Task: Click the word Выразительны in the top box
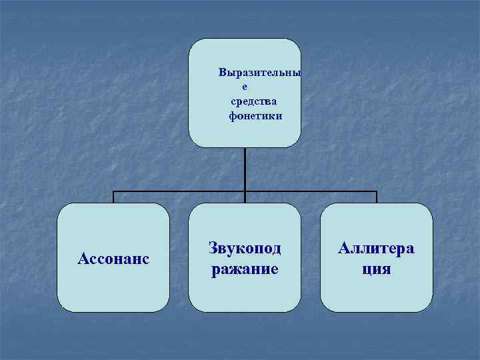pyautogui.click(x=259, y=73)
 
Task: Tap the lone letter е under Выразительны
pyautogui.click(x=245, y=87)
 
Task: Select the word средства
pyautogui.click(x=253, y=101)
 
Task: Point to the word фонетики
pyautogui.click(x=255, y=116)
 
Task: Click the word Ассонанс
pyautogui.click(x=113, y=257)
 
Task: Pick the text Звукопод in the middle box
pyautogui.click(x=245, y=248)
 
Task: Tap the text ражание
pyautogui.click(x=245, y=270)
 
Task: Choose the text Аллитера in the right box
pyautogui.click(x=376, y=248)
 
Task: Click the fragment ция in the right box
pyautogui.click(x=377, y=270)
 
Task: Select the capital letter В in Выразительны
pyautogui.click(x=223, y=73)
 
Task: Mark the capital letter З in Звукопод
pyautogui.click(x=213, y=248)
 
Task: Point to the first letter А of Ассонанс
pyautogui.click(x=83, y=257)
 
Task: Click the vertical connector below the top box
pyautogui.click(x=245, y=169)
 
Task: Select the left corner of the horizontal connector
pyautogui.click(x=113, y=192)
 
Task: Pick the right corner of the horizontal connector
pyautogui.click(x=377, y=192)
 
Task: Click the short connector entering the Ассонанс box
pyautogui.click(x=113, y=198)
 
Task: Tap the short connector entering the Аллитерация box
pyautogui.click(x=377, y=198)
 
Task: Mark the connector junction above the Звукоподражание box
pyautogui.click(x=245, y=192)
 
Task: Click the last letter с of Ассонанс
pyautogui.click(x=145, y=258)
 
